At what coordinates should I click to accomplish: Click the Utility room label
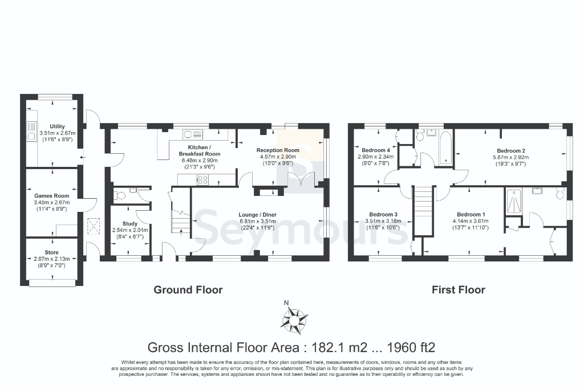[58, 126]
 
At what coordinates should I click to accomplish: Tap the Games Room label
[52, 195]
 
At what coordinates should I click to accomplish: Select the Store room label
[52, 252]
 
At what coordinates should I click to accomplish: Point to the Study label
[130, 223]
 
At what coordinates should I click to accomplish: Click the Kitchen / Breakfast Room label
[200, 150]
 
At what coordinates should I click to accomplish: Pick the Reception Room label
[278, 150]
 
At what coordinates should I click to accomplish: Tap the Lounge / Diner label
[258, 215]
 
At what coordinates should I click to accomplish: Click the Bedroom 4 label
[376, 150]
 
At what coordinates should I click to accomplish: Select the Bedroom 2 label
[511, 150]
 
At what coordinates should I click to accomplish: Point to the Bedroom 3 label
[383, 214]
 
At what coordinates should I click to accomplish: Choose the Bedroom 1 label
[471, 214]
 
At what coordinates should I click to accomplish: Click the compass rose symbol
[294, 319]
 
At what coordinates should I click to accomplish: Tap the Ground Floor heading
[188, 290]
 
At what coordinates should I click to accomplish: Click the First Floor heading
[459, 290]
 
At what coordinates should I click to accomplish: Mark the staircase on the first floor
[424, 211]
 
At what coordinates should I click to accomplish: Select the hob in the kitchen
[202, 180]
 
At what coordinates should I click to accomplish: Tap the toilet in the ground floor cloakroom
[119, 195]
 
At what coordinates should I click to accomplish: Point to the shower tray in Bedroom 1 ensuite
[514, 202]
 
